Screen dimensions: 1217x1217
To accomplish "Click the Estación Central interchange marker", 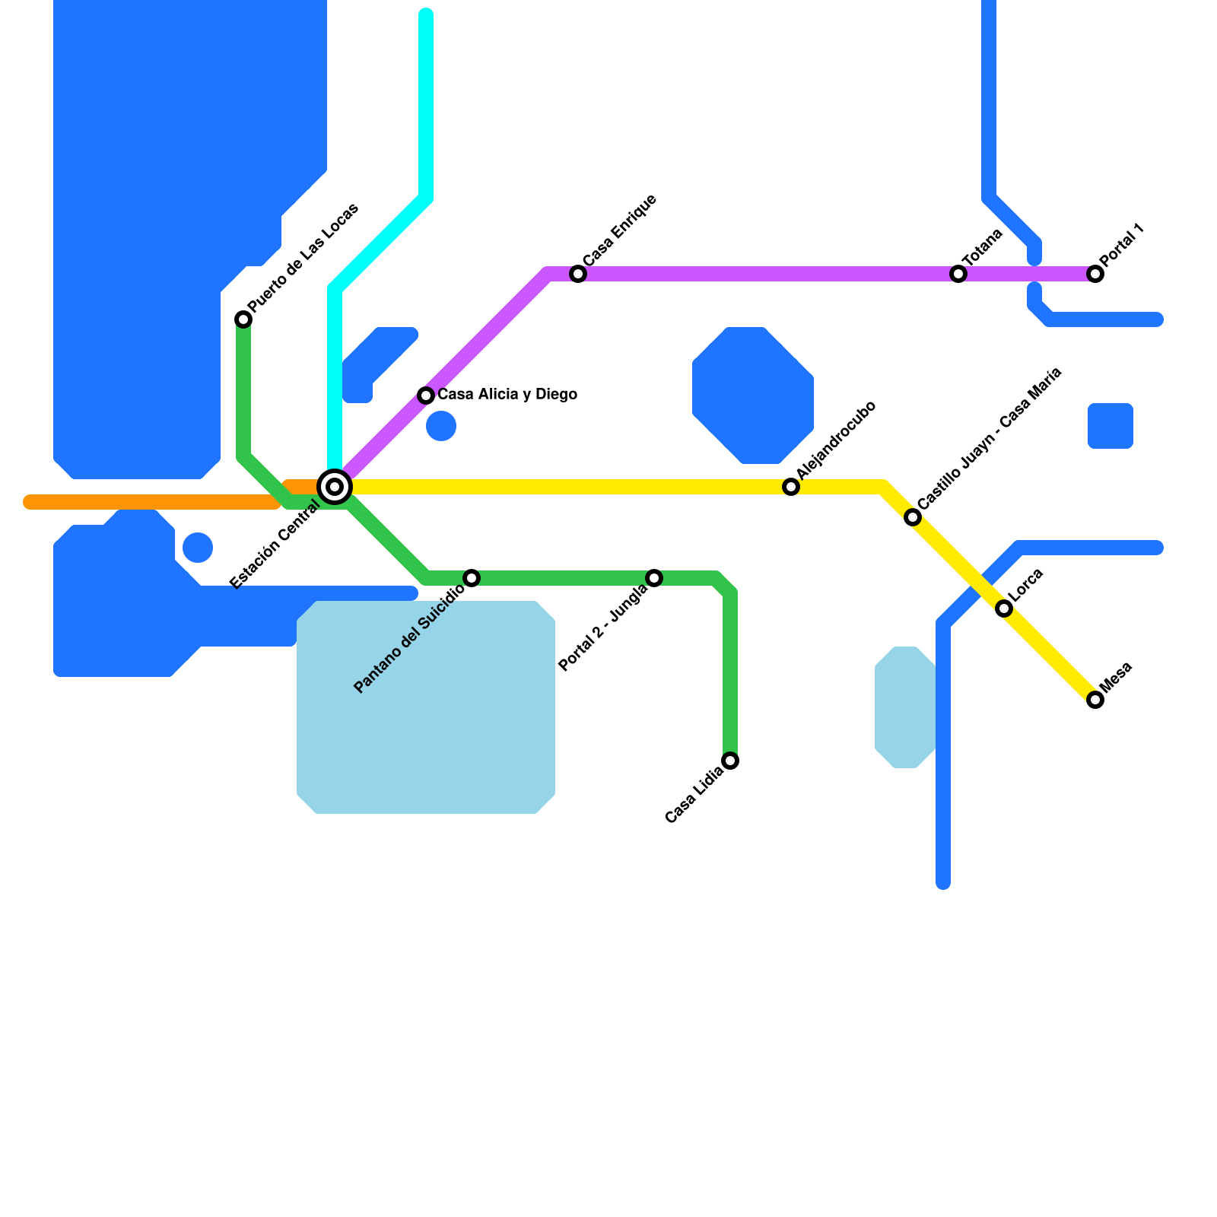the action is (335, 487).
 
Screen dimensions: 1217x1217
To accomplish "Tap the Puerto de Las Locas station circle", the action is (243, 319).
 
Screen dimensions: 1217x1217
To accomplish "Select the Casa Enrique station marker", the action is (578, 274).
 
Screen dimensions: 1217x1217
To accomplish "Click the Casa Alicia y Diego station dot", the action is (426, 396).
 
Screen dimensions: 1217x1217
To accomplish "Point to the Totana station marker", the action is (958, 274).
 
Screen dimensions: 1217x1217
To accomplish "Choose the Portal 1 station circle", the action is (1095, 274).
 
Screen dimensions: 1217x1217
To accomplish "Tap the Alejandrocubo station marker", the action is (791, 487).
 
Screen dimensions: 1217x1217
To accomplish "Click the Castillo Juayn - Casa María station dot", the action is (913, 517).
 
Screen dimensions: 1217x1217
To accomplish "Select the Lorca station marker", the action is (1004, 608).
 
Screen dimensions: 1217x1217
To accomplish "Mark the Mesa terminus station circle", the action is (1095, 700).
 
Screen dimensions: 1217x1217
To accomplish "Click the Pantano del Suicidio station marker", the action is (472, 578).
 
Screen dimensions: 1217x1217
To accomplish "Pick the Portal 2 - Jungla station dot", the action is (654, 578).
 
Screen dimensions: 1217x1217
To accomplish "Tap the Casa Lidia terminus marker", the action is (730, 761).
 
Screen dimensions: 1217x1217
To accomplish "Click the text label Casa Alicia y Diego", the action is (507, 395).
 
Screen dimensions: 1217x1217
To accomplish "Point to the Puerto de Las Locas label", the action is (303, 259).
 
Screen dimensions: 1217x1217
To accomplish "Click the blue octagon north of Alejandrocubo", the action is (753, 396).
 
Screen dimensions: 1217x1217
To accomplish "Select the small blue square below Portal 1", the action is (1111, 426).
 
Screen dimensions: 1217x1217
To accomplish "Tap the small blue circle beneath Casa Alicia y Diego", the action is (441, 426).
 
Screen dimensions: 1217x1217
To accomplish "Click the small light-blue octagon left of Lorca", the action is (905, 707).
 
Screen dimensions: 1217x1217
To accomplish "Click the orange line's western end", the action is (30, 502).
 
